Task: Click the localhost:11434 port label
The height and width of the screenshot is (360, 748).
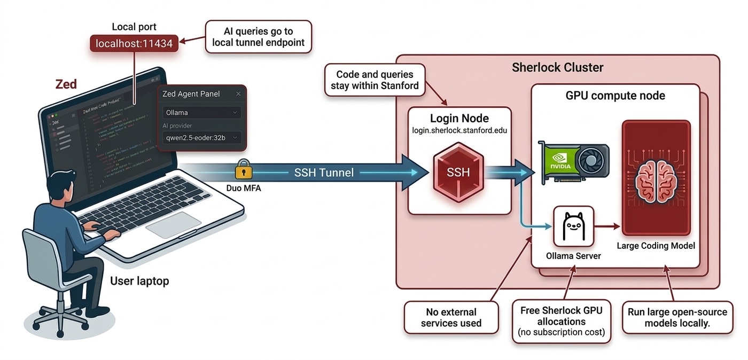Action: click(x=134, y=43)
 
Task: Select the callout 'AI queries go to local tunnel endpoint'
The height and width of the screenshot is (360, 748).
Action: click(x=258, y=37)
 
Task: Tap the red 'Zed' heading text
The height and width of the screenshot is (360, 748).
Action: click(x=66, y=84)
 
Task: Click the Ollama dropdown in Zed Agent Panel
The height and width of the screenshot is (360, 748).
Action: click(x=201, y=113)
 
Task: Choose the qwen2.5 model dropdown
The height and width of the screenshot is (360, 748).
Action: click(x=201, y=138)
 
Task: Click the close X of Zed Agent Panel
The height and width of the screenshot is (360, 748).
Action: click(x=238, y=94)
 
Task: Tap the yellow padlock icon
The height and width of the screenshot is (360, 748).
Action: click(x=243, y=169)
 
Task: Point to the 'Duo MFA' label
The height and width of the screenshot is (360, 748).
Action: click(x=244, y=188)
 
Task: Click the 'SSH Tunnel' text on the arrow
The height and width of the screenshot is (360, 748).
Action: click(x=324, y=173)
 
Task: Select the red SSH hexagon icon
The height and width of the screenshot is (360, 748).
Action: click(x=458, y=172)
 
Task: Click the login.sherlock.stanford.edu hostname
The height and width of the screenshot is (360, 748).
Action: click(x=459, y=130)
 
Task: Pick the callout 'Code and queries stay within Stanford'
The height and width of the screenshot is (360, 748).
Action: click(x=375, y=80)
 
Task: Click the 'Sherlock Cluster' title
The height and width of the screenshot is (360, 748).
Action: click(x=557, y=67)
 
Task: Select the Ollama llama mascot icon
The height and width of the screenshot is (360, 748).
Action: click(x=573, y=226)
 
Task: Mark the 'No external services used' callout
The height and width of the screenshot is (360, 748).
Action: click(x=451, y=317)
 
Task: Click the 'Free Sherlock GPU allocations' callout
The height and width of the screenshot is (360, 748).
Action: click(x=561, y=321)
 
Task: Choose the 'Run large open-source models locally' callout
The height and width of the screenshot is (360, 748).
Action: click(x=677, y=317)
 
